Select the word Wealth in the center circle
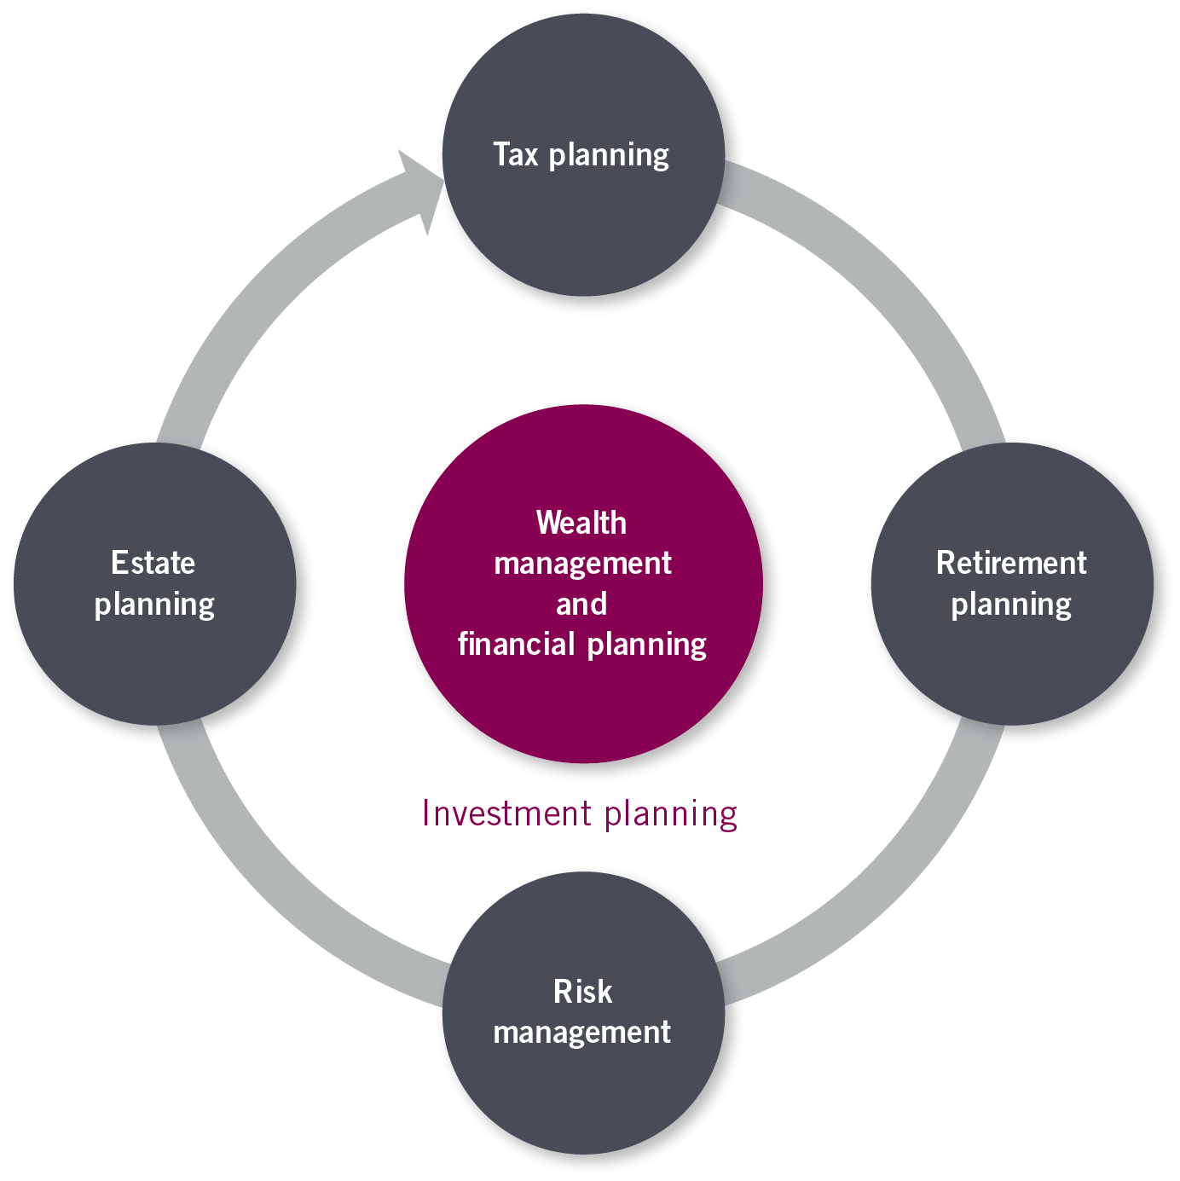click(x=581, y=523)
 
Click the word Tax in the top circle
click(x=516, y=154)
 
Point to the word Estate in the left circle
click(x=153, y=563)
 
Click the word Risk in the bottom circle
click(x=582, y=992)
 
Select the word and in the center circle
click(x=581, y=604)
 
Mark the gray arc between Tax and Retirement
click(x=887, y=281)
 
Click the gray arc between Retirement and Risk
click(x=887, y=887)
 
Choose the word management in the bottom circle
click(x=582, y=1032)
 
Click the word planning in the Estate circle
click(x=154, y=605)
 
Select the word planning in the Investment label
click(x=671, y=814)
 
